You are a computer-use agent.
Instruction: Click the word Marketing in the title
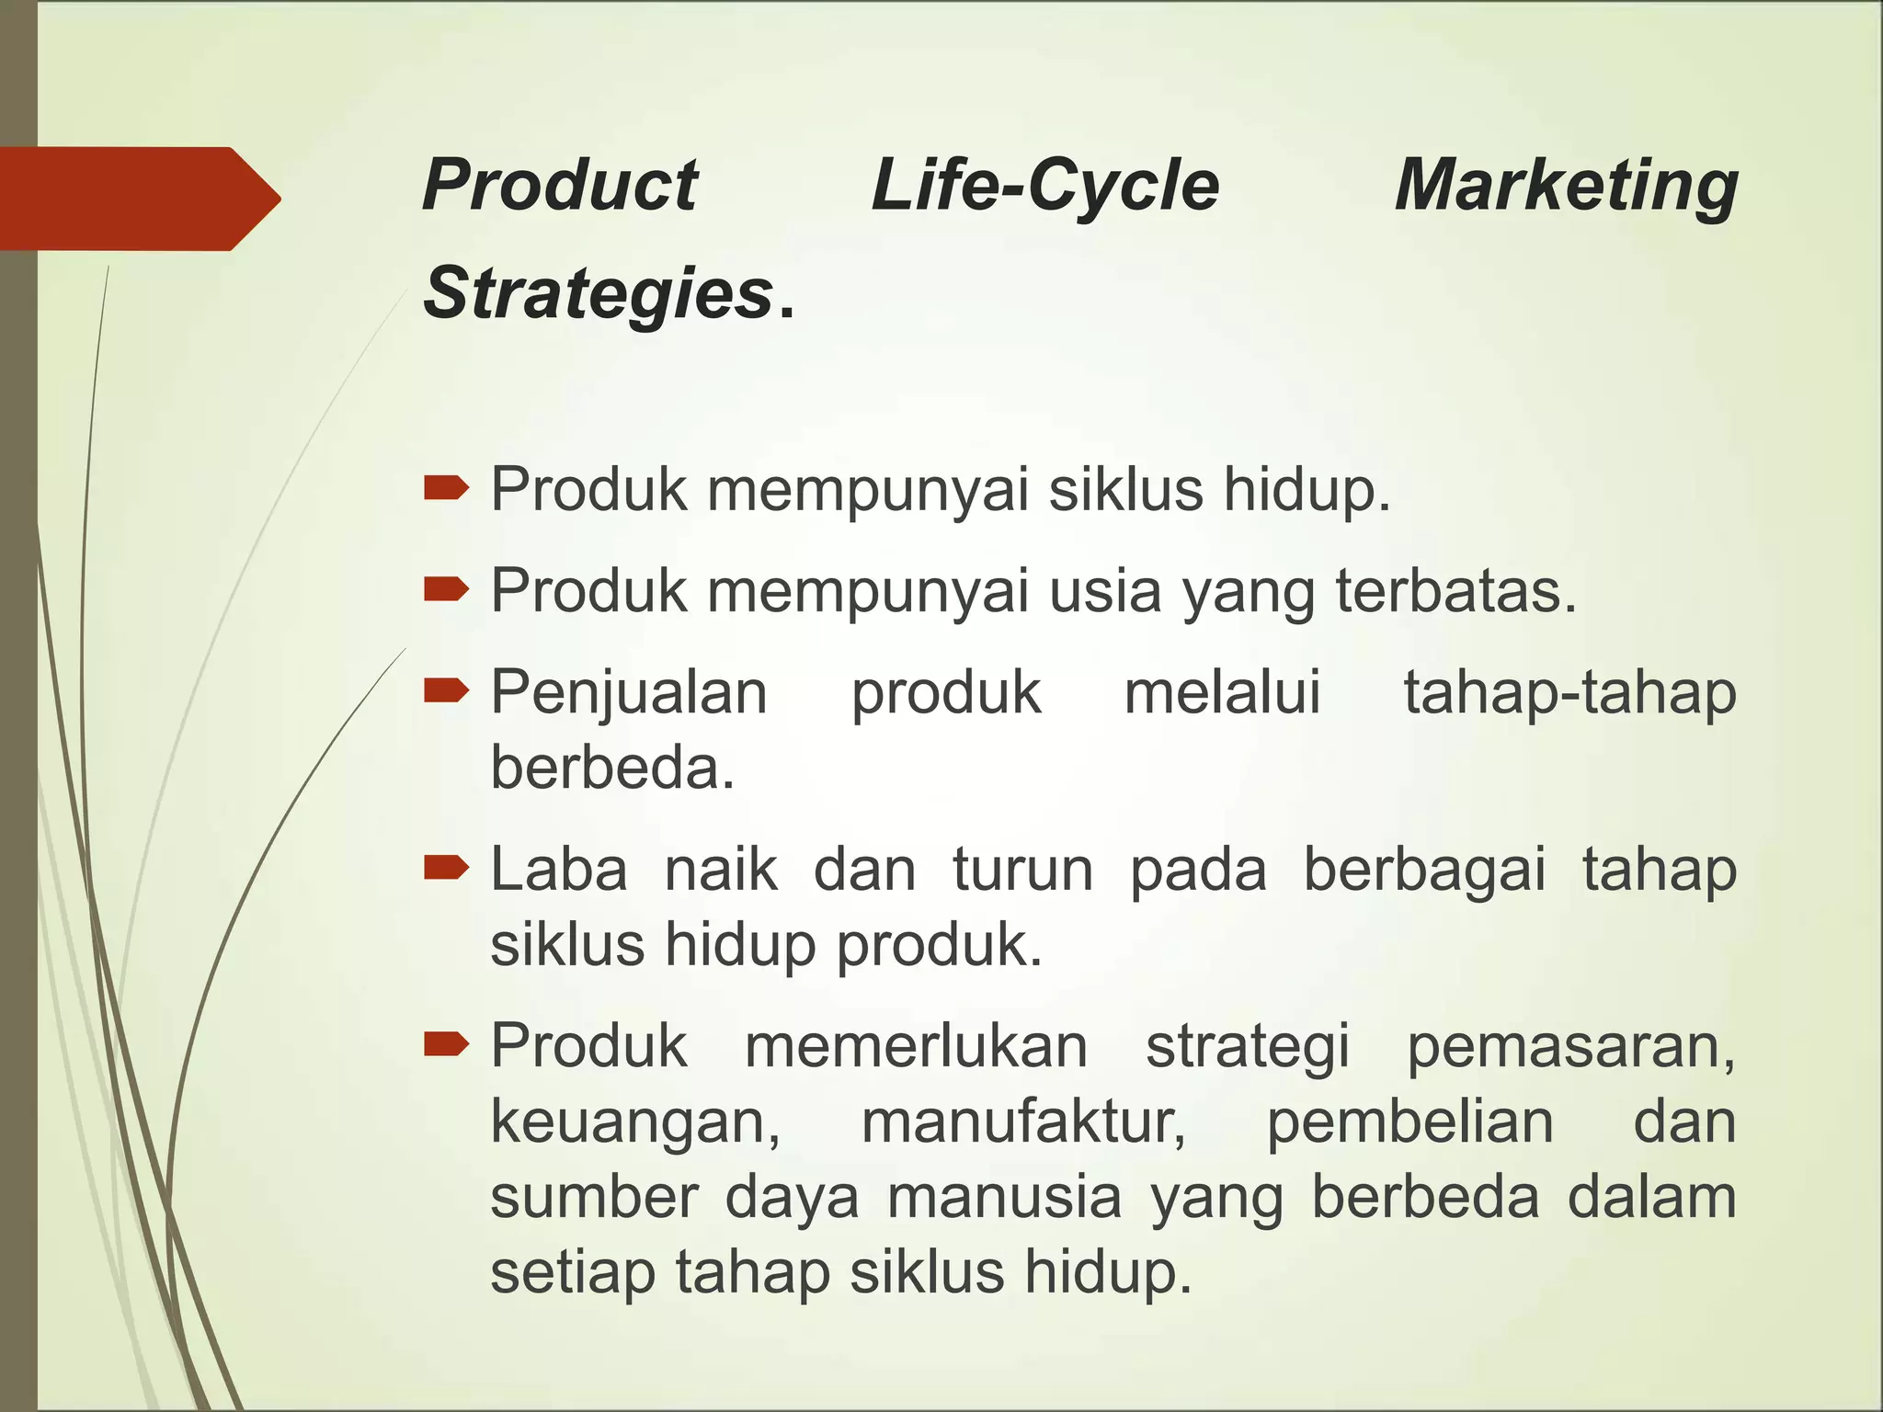pyautogui.click(x=1566, y=187)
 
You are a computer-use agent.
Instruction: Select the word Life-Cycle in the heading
pyautogui.click(x=1044, y=186)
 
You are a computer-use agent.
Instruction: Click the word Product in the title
pyautogui.click(x=560, y=186)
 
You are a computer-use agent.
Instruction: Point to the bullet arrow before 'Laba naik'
pyautogui.click(x=447, y=867)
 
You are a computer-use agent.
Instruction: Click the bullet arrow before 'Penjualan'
pyautogui.click(x=447, y=689)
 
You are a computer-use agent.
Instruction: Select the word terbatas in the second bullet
pyautogui.click(x=1456, y=590)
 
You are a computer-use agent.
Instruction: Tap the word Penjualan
pyautogui.click(x=629, y=692)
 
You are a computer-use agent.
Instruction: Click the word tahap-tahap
pyautogui.click(x=1569, y=692)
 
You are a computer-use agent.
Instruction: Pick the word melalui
pyautogui.click(x=1222, y=692)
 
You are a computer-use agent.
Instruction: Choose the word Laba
pyautogui.click(x=559, y=869)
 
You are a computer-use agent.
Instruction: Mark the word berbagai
pyautogui.click(x=1424, y=871)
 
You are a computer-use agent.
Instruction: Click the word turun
pyautogui.click(x=1022, y=869)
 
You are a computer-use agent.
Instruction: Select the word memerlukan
pyautogui.click(x=916, y=1046)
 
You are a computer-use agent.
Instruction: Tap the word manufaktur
pyautogui.click(x=1023, y=1122)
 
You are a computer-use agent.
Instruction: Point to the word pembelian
pyautogui.click(x=1410, y=1122)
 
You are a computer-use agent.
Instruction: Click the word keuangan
pyautogui.click(x=635, y=1122)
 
